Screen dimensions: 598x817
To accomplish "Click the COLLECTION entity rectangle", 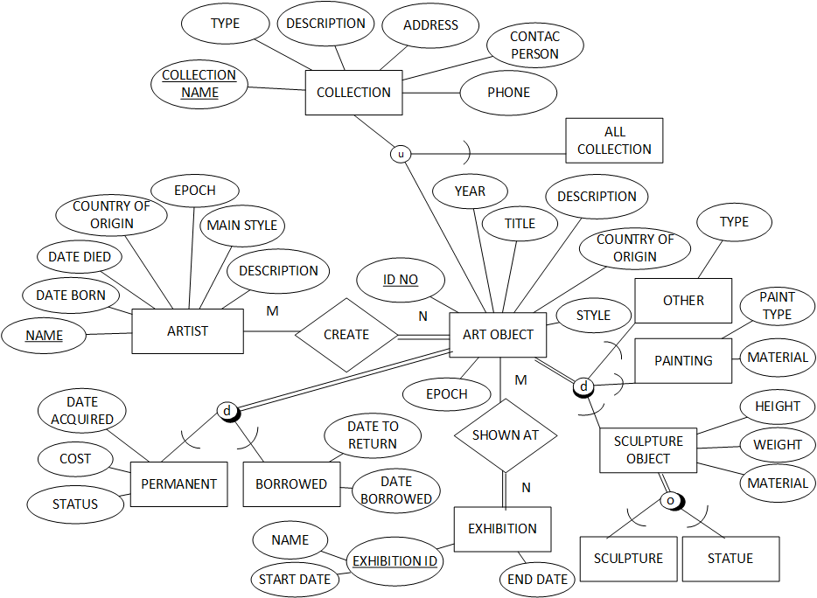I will click(353, 93).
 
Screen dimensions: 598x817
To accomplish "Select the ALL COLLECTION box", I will click(614, 141).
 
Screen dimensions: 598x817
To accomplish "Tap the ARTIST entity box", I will click(187, 331).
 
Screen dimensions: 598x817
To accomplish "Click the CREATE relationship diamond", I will click(346, 334).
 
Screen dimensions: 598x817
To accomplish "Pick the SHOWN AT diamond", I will click(506, 435).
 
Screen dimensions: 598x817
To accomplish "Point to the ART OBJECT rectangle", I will click(499, 334).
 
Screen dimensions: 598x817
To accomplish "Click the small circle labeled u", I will click(401, 154).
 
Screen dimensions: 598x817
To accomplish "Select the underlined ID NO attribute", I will click(401, 280).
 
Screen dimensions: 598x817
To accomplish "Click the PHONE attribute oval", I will click(508, 93).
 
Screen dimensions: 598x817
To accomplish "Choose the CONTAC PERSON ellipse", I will click(534, 45).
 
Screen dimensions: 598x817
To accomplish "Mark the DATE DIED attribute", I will click(80, 257).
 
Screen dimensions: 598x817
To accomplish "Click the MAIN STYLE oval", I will click(241, 226).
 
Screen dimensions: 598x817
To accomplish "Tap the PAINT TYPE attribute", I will click(777, 306).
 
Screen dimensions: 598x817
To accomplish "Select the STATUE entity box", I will click(730, 558).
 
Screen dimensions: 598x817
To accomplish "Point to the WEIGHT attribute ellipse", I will click(777, 444).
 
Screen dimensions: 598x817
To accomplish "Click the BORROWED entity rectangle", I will click(291, 483).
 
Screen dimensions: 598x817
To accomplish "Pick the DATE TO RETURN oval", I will click(373, 435).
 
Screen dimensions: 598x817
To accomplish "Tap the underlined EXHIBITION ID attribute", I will click(394, 560).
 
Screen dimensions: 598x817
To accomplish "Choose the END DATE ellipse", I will click(537, 579).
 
